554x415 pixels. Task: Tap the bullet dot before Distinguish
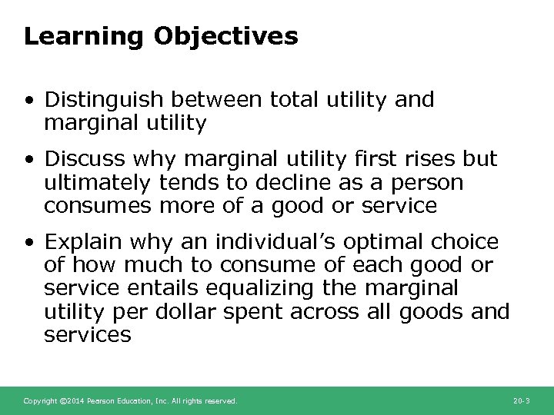coord(28,100)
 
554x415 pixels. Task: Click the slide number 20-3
coord(521,401)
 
